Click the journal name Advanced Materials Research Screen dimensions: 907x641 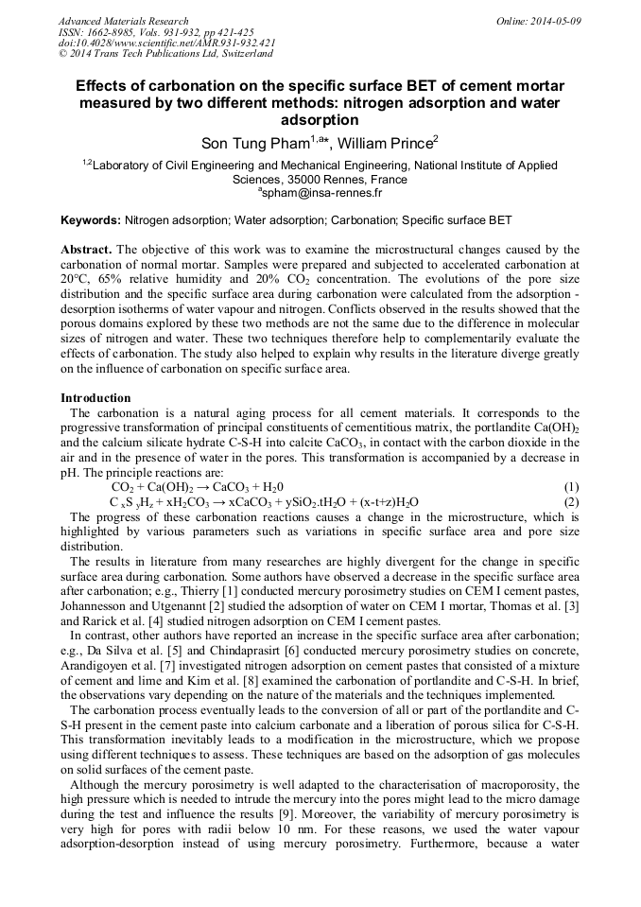(123, 21)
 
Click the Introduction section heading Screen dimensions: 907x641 (95, 398)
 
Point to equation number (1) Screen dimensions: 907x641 (570, 486)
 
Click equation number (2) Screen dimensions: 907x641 (570, 501)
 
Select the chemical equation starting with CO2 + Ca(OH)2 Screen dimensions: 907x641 (197, 486)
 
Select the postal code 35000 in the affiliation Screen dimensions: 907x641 (306, 179)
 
